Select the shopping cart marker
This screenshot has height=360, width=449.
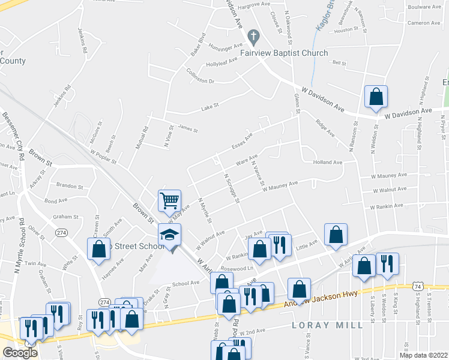(170, 200)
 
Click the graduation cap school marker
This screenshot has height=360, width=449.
(170, 235)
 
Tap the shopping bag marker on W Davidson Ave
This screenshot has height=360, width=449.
(376, 96)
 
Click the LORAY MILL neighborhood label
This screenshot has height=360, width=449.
(327, 325)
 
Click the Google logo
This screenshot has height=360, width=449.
(20, 353)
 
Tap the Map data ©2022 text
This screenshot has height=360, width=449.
(423, 355)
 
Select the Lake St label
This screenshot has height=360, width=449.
(208, 107)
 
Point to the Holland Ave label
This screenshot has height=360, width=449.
(327, 162)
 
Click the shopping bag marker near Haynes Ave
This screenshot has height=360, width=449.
(98, 250)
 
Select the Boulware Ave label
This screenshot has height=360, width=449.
(424, 7)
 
